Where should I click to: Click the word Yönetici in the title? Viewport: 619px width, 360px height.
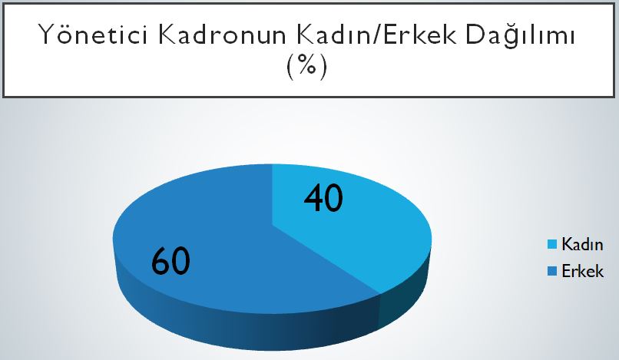point(94,34)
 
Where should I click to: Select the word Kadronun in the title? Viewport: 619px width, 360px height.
point(223,35)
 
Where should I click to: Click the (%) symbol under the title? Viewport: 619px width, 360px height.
point(306,66)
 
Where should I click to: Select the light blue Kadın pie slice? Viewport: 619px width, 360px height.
point(347,225)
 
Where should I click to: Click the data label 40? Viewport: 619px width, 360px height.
point(323,198)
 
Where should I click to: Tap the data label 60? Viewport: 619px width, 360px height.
point(170,260)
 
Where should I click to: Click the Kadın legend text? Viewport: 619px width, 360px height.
point(582,244)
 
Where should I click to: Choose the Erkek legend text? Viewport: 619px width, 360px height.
point(583,271)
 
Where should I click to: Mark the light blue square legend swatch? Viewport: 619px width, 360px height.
point(552,244)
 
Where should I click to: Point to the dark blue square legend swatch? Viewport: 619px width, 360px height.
point(552,271)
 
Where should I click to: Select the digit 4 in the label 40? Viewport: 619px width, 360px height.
point(314,198)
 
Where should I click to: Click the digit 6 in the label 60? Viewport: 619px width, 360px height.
point(161,260)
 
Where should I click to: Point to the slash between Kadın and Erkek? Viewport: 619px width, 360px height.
point(375,35)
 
